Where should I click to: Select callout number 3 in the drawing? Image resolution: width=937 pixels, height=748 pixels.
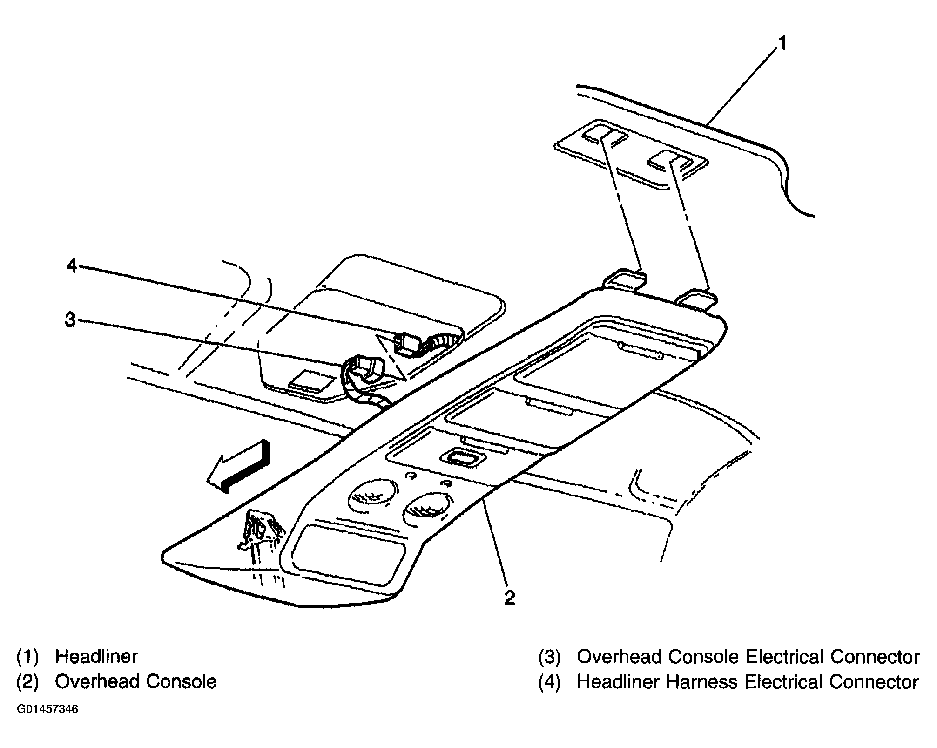coord(70,320)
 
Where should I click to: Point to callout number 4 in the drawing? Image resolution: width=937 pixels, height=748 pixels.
coord(71,266)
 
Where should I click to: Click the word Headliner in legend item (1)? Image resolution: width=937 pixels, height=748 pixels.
coord(96,656)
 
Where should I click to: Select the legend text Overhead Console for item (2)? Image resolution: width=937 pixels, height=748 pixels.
coord(136,681)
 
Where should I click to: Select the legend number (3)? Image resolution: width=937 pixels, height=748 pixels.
coord(550,656)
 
